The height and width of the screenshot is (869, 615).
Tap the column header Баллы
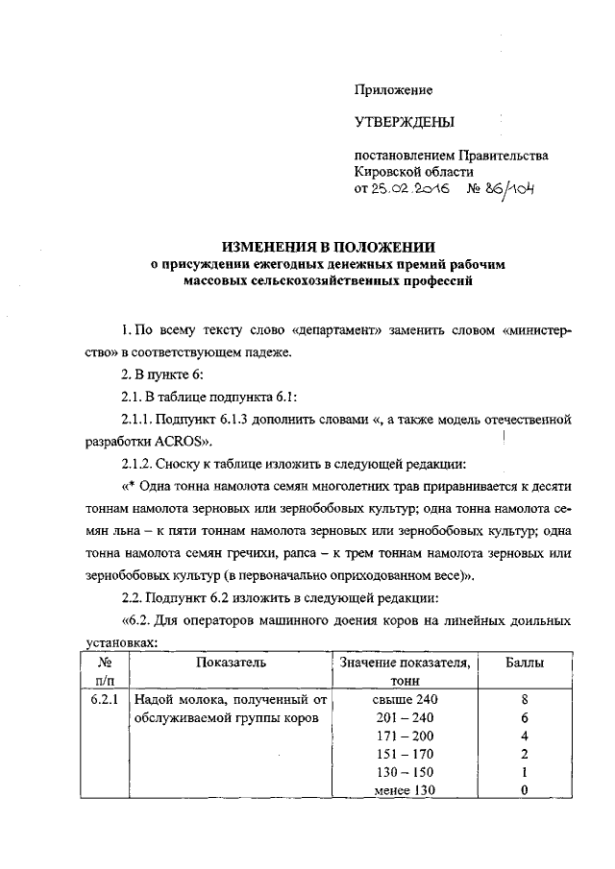tap(525, 662)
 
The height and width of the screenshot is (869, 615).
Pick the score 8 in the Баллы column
tap(525, 700)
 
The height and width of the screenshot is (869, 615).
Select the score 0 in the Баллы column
tap(525, 790)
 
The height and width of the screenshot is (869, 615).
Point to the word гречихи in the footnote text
tap(274, 554)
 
